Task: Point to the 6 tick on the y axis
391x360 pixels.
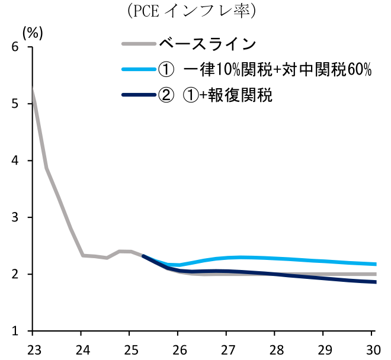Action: click(x=14, y=47)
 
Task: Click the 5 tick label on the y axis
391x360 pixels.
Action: click(x=14, y=104)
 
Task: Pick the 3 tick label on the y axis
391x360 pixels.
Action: click(x=14, y=218)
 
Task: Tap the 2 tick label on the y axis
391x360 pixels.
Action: click(x=14, y=275)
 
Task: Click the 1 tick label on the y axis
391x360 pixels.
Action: click(x=14, y=331)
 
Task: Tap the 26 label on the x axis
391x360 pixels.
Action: click(x=179, y=348)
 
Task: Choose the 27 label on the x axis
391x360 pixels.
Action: click(x=227, y=348)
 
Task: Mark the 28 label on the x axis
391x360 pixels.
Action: click(x=276, y=348)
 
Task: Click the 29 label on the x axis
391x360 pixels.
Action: click(x=325, y=348)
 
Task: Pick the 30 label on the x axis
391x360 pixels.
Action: click(x=372, y=348)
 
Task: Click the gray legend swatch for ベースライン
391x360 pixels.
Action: click(x=138, y=44)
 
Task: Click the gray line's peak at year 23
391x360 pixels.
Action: click(x=33, y=90)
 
